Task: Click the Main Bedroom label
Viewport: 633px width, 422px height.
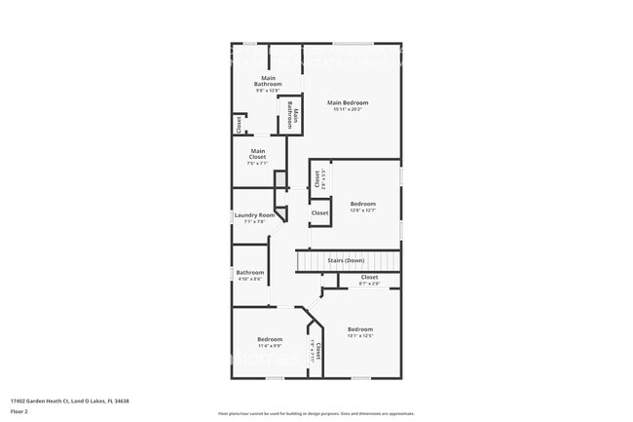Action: [348, 102]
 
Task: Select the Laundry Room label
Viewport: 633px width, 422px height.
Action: [254, 215]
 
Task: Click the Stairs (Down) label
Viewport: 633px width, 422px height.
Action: [346, 260]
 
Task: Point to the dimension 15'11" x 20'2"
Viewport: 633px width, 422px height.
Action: [348, 109]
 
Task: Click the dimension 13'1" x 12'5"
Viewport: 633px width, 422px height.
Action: [360, 336]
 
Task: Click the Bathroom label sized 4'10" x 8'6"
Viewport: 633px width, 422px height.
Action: [250, 272]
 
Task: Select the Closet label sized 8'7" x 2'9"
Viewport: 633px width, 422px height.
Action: [369, 277]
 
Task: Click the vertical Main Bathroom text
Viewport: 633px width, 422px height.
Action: [290, 114]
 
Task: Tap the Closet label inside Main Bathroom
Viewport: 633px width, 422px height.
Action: [238, 124]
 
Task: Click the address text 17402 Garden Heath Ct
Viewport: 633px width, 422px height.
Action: [69, 401]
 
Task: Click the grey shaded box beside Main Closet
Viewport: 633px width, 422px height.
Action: [279, 179]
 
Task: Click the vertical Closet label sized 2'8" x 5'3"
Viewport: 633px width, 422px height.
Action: [317, 178]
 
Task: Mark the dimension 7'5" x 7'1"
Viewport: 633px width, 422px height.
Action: [257, 163]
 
